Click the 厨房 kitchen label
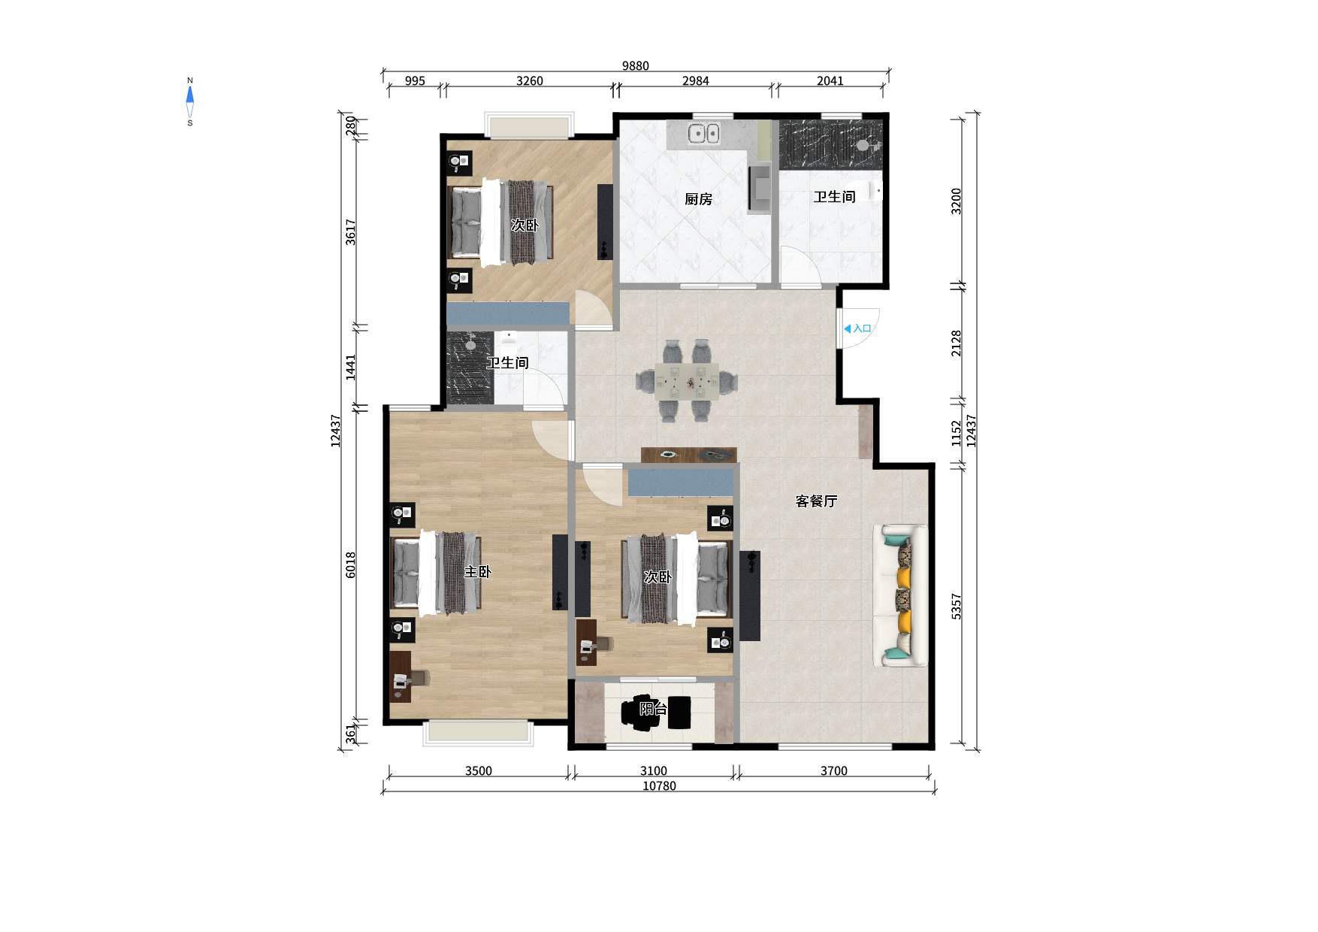pos(698,199)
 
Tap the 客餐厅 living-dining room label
pos(816,501)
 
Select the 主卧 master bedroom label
pos(477,572)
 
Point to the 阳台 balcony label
pos(653,709)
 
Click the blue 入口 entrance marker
pos(857,328)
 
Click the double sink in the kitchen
pos(703,134)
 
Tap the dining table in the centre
pos(686,380)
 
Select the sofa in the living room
pos(900,595)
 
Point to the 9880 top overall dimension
pos(635,66)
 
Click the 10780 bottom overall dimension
pos(659,786)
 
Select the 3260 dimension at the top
pos(529,81)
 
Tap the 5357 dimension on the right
pos(957,607)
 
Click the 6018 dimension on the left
pos(351,565)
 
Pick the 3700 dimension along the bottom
pos(833,771)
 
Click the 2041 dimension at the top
pos(830,81)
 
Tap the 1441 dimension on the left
pos(351,368)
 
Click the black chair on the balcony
pos(641,712)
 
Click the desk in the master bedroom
pos(401,676)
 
